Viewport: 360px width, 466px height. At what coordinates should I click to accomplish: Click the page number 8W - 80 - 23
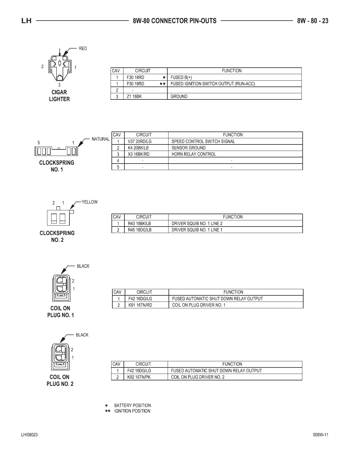[x=313, y=21]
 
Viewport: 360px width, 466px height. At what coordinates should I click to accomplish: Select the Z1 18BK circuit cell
[x=134, y=96]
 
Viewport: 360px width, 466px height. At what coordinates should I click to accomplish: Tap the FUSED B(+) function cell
[x=181, y=77]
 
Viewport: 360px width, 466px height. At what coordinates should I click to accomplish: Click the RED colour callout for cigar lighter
[x=83, y=49]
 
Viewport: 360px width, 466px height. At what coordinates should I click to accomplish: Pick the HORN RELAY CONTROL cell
[x=194, y=154]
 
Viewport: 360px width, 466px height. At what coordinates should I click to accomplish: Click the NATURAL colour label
[x=100, y=139]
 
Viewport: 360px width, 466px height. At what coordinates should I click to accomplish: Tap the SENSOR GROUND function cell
[x=189, y=148]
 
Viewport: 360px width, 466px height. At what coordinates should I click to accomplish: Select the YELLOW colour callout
[x=89, y=202]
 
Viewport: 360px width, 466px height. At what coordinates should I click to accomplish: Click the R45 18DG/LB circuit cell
[x=140, y=230]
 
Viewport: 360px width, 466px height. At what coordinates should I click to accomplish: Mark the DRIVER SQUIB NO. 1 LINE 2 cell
[x=197, y=224]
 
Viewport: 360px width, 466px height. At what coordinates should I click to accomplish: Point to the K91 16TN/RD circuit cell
[x=140, y=305]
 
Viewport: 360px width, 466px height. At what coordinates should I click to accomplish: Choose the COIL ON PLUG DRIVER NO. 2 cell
[x=198, y=377]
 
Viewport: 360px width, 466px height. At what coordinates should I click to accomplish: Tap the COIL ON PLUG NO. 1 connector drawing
[x=61, y=288]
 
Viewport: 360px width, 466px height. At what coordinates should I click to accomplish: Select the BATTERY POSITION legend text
[x=132, y=405]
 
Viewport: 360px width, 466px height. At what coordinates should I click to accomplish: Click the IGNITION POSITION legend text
[x=132, y=411]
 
